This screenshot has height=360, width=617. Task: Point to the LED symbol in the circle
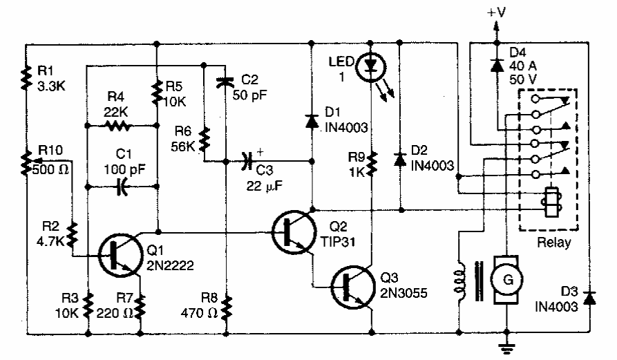tap(372, 66)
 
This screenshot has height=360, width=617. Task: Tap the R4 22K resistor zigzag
tap(118, 126)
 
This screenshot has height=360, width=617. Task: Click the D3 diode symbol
tap(589, 298)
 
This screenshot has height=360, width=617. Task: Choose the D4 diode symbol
tap(496, 65)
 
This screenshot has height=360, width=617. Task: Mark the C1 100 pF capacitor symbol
tap(122, 186)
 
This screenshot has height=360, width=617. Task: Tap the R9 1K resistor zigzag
tap(372, 163)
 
